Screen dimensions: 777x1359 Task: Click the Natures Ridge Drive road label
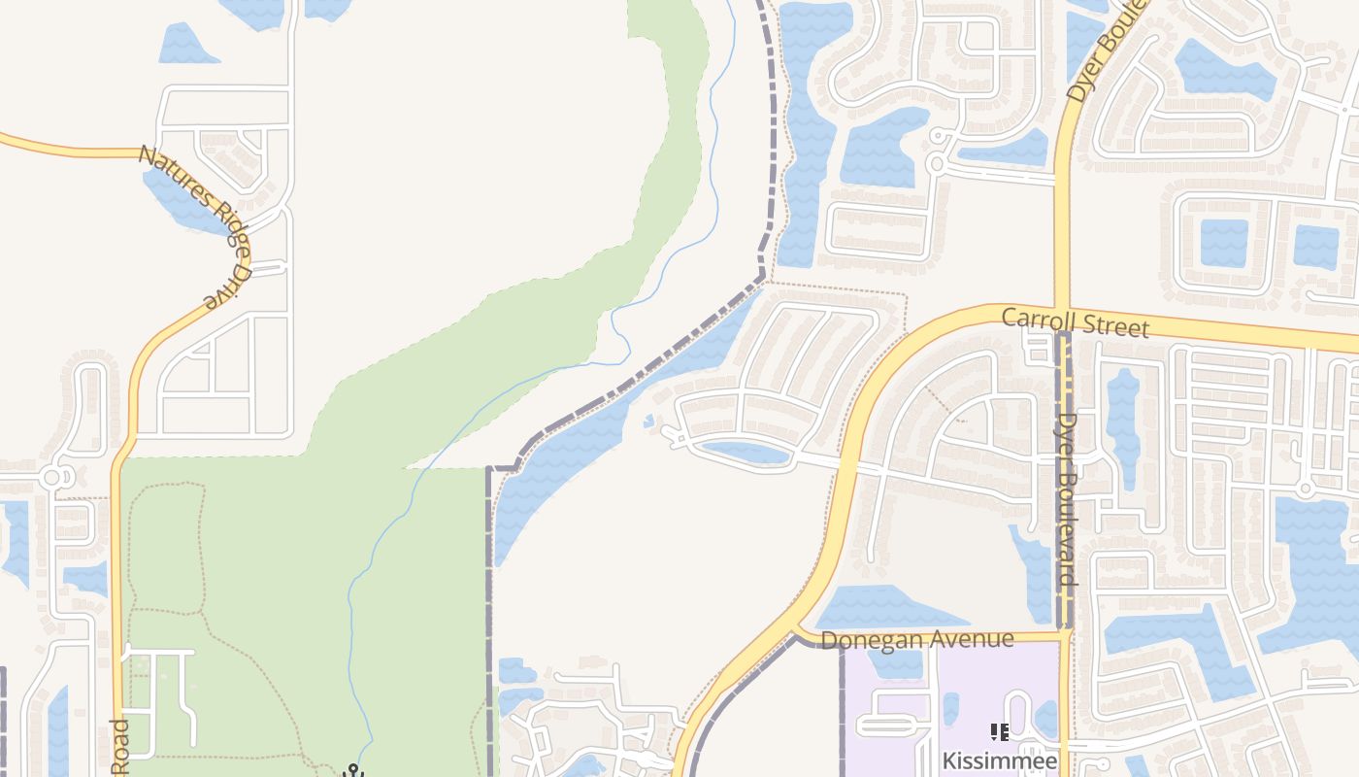(x=198, y=222)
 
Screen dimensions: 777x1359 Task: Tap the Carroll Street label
(x=1075, y=321)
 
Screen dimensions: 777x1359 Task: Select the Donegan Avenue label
(x=917, y=639)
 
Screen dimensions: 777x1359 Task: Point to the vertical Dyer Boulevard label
(x=1067, y=499)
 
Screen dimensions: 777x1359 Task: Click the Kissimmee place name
(x=999, y=760)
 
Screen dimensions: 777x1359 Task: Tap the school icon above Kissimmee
(x=999, y=732)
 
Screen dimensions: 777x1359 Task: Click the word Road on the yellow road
(x=119, y=748)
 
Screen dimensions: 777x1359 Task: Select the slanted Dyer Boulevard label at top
(x=1107, y=49)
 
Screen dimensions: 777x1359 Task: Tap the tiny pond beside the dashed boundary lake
(x=648, y=421)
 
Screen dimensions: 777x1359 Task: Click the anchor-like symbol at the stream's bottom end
(x=354, y=771)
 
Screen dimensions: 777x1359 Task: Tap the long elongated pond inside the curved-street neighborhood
(x=746, y=452)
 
